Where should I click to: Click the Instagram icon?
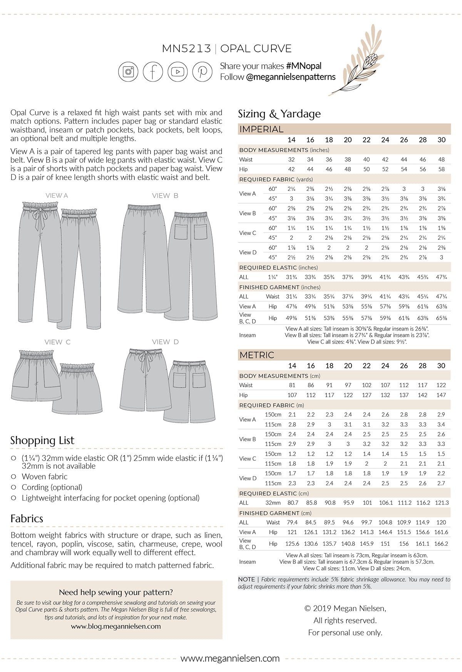click(x=128, y=72)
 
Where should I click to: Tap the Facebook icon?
click(x=153, y=72)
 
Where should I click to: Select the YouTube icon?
click(x=177, y=72)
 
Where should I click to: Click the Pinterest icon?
click(x=202, y=72)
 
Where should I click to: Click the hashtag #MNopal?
click(x=303, y=66)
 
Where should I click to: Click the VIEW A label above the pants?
click(x=57, y=196)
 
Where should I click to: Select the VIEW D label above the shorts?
click(x=165, y=342)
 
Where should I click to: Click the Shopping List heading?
click(x=42, y=440)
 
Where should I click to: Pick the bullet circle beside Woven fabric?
click(x=14, y=476)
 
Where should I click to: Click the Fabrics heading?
click(x=27, y=519)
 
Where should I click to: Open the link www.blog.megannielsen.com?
click(x=116, y=626)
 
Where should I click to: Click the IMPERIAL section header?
click(x=261, y=129)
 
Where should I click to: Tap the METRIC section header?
click(x=257, y=355)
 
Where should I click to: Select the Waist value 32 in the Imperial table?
click(x=291, y=159)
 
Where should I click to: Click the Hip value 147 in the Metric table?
click(x=441, y=395)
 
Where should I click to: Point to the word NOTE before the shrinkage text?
click(x=246, y=579)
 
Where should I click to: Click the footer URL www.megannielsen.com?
click(x=230, y=659)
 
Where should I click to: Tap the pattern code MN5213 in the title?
click(x=186, y=49)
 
